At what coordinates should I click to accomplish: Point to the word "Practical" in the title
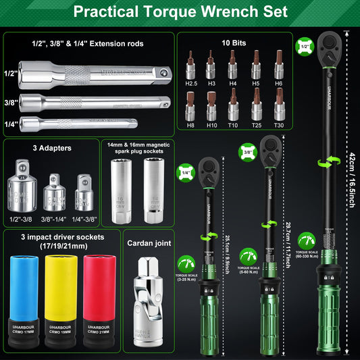click(110, 12)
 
